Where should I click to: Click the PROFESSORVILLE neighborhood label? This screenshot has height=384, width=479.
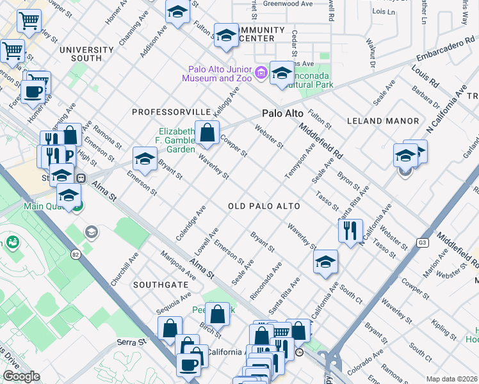point(171,112)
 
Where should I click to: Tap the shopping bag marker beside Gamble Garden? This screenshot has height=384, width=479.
point(207,134)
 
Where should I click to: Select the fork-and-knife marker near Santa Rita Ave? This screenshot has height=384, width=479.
point(350,231)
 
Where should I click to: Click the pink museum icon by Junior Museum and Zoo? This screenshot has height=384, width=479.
point(261,73)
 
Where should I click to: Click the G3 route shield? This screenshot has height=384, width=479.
point(422,243)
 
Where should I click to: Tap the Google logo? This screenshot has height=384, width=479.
point(21,376)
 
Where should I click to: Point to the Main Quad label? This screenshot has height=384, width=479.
point(42,207)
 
